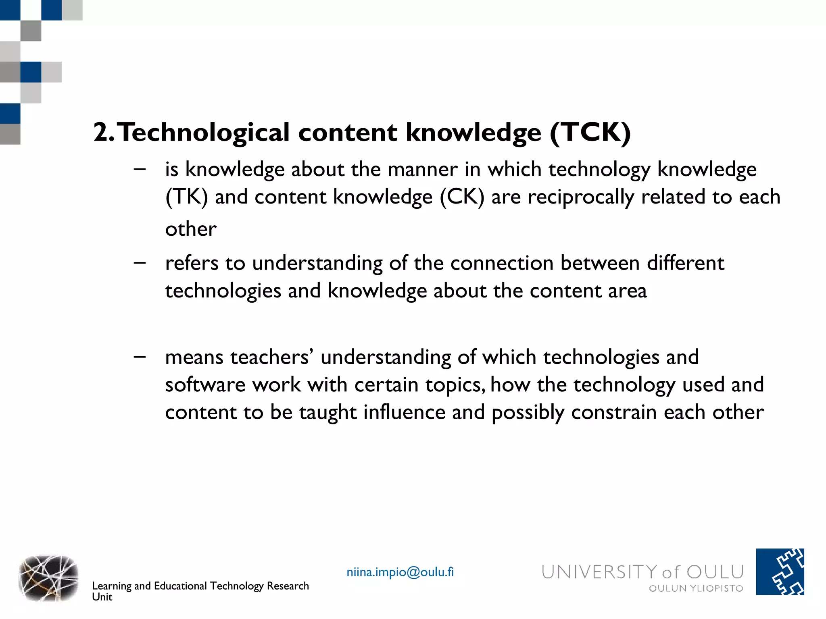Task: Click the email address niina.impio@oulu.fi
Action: (x=400, y=572)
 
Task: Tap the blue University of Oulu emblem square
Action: (x=780, y=571)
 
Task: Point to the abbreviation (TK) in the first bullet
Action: (x=186, y=197)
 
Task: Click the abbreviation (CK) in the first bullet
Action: (x=462, y=197)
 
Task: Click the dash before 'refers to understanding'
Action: (x=140, y=263)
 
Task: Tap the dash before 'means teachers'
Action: (x=140, y=357)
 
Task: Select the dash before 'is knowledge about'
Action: (x=140, y=169)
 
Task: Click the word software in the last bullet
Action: (x=205, y=384)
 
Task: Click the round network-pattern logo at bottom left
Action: (x=48, y=578)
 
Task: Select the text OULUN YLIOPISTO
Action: (x=696, y=588)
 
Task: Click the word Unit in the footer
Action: (x=102, y=597)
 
